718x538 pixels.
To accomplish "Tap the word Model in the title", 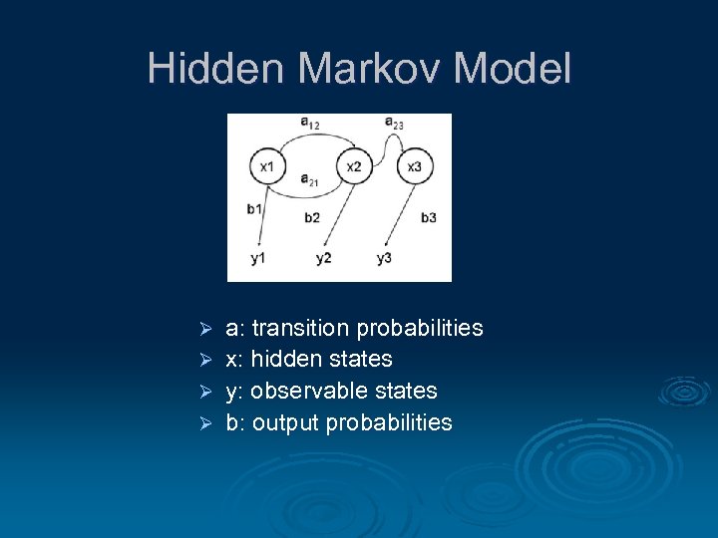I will tap(512, 69).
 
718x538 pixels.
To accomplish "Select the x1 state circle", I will tap(266, 166).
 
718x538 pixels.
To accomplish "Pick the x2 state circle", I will tap(354, 166).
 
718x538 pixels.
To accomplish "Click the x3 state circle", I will tap(415, 166).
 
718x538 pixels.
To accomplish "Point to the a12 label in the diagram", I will tap(310, 123).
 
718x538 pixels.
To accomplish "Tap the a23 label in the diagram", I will tap(394, 123).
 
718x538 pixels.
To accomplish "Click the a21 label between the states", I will tap(310, 180).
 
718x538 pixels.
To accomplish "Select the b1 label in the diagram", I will tap(254, 209).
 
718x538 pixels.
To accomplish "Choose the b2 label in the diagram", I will tap(312, 217).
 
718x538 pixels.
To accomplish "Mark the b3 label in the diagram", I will tap(428, 217).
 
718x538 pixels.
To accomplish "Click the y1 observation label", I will tap(258, 259).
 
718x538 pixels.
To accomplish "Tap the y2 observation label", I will tap(323, 259).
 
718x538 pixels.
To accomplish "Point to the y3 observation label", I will tap(384, 259).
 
